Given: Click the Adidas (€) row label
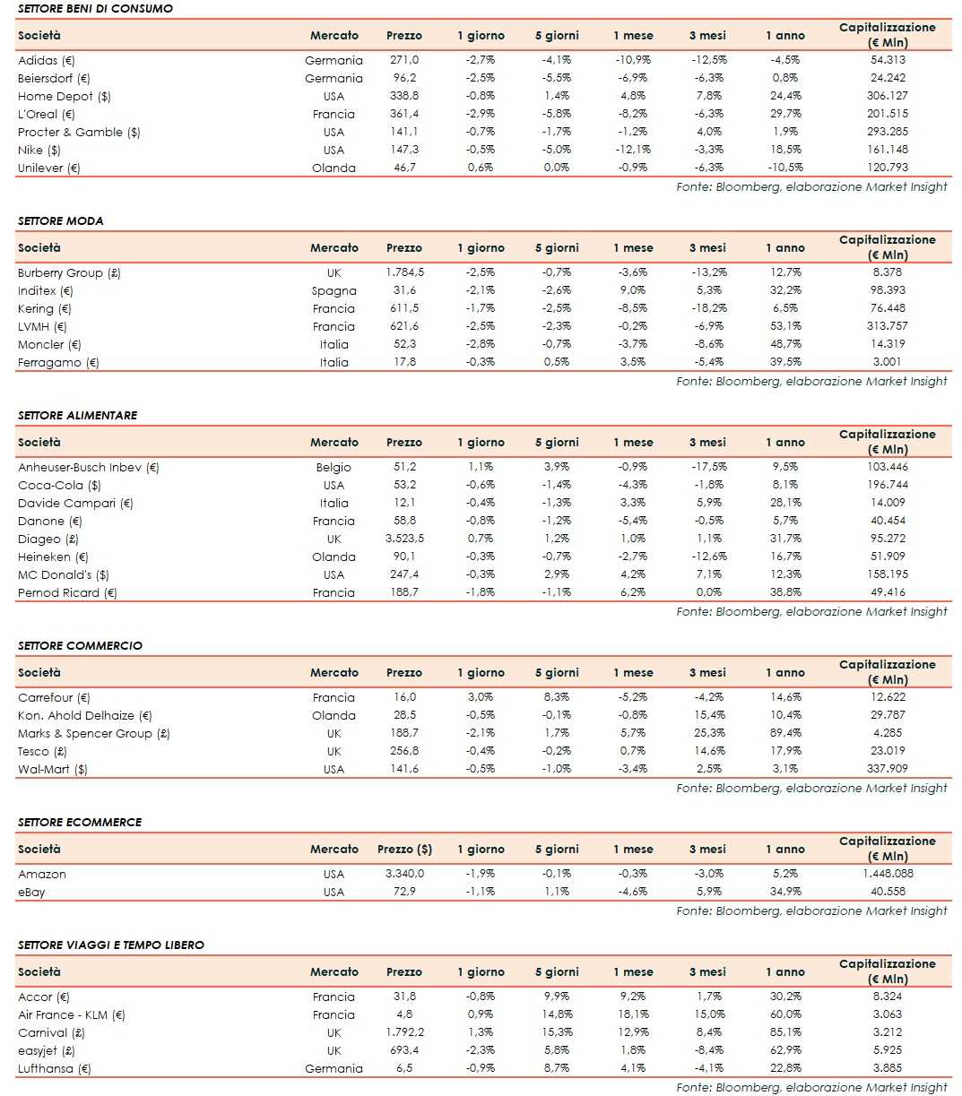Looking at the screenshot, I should [47, 60].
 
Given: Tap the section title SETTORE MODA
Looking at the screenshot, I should [61, 220].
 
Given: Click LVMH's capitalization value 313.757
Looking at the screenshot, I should [887, 326].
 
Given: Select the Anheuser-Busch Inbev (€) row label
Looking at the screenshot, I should [89, 467].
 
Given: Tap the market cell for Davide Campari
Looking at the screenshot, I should [334, 503].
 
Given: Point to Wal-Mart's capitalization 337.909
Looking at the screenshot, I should [887, 769].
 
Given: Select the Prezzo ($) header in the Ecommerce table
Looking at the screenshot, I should [404, 849].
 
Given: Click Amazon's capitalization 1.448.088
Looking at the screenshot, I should [887, 874].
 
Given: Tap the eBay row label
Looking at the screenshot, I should [31, 892].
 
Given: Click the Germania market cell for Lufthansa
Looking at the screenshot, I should [334, 1068].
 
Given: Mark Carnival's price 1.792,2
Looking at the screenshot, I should [404, 1032].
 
